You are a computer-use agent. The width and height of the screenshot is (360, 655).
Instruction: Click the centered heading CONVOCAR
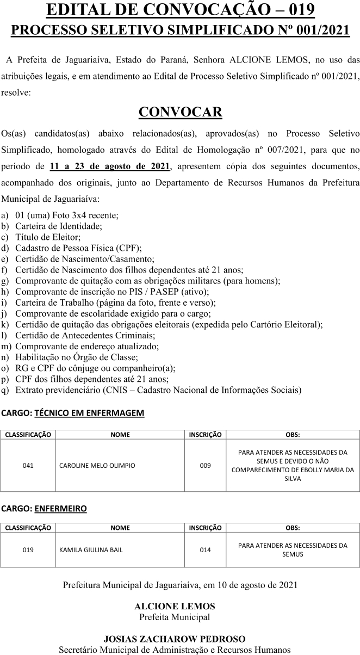pyautogui.click(x=180, y=112)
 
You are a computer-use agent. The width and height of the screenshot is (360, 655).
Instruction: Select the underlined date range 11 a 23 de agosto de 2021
pyautogui.click(x=110, y=166)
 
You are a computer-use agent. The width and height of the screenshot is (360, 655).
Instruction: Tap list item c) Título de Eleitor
pyautogui.click(x=48, y=237)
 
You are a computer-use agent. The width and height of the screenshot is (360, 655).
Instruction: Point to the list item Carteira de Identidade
pyautogui.click(x=59, y=226)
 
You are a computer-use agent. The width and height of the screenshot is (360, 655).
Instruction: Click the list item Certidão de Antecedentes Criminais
pyautogui.click(x=85, y=336)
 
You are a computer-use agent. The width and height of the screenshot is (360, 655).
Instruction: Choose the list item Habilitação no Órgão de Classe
pyautogui.click(x=77, y=357)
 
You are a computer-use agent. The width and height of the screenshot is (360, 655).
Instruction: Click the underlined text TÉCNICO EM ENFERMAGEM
pyautogui.click(x=89, y=413)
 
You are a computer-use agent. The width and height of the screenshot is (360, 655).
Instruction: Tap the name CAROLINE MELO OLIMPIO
pyautogui.click(x=97, y=466)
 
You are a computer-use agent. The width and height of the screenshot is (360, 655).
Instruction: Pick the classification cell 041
pyautogui.click(x=28, y=466)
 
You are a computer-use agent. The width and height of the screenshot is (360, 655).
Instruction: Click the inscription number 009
pyautogui.click(x=205, y=466)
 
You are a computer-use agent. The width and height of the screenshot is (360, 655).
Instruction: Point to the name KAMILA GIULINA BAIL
pyautogui.click(x=91, y=550)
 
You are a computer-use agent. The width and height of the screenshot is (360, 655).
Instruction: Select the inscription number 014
pyautogui.click(x=205, y=550)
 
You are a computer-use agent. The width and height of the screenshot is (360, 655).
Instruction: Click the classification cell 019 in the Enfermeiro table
pyautogui.click(x=28, y=550)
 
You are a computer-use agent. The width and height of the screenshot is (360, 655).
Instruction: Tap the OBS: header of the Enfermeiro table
pyautogui.click(x=293, y=528)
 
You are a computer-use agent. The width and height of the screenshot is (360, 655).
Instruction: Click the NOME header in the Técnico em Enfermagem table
pyautogui.click(x=120, y=435)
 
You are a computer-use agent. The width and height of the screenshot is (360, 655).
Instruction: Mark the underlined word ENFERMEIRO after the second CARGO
pyautogui.click(x=60, y=509)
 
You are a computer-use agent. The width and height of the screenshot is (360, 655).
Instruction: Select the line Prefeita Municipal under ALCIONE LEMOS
pyautogui.click(x=175, y=617)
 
